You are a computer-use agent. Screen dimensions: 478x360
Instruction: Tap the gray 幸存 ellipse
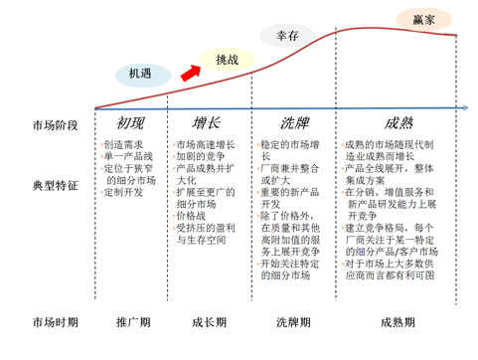tap(288, 36)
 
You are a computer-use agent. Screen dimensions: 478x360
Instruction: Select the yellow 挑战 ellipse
tap(228, 61)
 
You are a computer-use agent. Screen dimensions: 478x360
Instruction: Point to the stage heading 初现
tap(130, 123)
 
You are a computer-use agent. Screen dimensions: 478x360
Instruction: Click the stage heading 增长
tap(207, 123)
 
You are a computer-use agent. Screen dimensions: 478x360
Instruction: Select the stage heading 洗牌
tap(294, 123)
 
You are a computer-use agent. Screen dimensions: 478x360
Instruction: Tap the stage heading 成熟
tap(397, 123)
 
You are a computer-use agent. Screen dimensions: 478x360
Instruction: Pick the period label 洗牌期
tap(294, 322)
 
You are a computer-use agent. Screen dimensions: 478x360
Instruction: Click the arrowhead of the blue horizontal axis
tap(466, 107)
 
